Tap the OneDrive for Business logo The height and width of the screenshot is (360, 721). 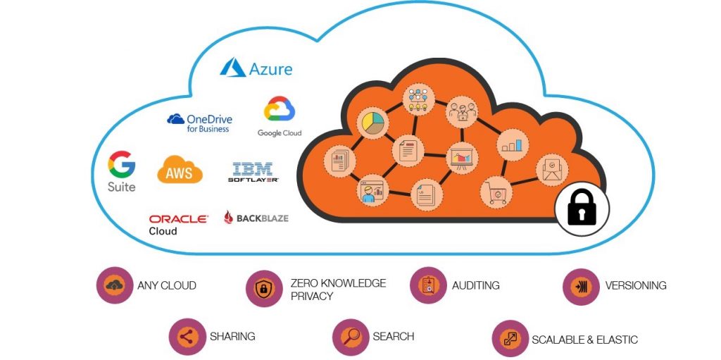point(200,123)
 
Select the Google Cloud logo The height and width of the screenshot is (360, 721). point(280,116)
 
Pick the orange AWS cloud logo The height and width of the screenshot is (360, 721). point(180,170)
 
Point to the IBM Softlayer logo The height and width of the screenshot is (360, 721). point(253,172)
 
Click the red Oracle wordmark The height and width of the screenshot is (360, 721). point(178,219)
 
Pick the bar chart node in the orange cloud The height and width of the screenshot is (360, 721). point(512,145)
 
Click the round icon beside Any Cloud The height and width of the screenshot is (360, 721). point(115,285)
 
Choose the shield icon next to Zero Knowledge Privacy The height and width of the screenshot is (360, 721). point(264,288)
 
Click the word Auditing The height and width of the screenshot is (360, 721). point(476,285)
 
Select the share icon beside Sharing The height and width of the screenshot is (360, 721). point(187,337)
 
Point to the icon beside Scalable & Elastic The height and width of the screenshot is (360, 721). point(510,339)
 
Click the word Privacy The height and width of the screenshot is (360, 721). point(312,297)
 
